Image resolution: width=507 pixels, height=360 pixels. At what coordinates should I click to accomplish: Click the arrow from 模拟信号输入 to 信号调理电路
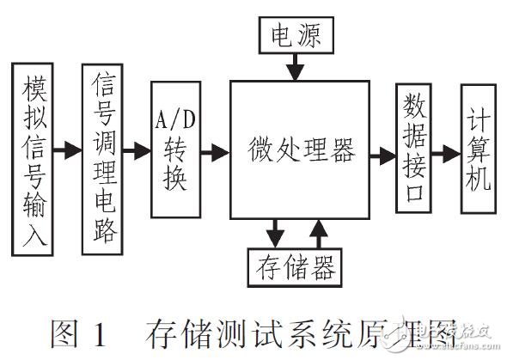67,153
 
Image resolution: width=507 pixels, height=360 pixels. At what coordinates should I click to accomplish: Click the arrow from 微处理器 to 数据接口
382,155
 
